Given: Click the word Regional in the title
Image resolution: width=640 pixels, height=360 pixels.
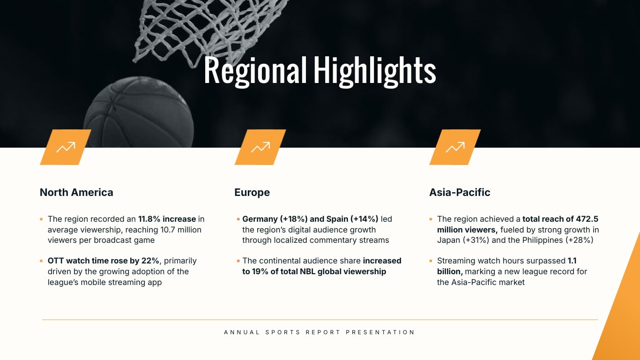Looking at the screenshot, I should pyautogui.click(x=255, y=71).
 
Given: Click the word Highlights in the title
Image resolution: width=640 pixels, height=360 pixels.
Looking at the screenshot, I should pyautogui.click(x=374, y=71).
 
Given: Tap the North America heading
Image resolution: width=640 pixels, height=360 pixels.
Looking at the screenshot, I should pyautogui.click(x=76, y=192).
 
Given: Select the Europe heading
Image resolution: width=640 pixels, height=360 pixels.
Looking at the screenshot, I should pyautogui.click(x=252, y=192).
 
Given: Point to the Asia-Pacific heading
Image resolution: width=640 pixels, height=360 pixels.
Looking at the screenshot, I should pyautogui.click(x=460, y=192).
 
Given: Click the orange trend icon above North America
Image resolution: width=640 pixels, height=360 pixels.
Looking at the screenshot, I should pyautogui.click(x=66, y=147).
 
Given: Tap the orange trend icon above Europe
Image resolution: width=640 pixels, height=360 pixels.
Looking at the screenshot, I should pyautogui.click(x=260, y=147).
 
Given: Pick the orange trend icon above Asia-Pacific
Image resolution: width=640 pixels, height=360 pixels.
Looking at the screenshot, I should pyautogui.click(x=455, y=147).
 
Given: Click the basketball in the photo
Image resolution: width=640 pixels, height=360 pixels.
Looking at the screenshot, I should pyautogui.click(x=138, y=115).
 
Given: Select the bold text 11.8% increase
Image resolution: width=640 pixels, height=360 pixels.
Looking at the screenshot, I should pyautogui.click(x=167, y=219).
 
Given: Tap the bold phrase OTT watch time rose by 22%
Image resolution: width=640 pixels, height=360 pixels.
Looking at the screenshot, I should pyautogui.click(x=104, y=261).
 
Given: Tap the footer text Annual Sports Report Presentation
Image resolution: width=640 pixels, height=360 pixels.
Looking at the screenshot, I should pyautogui.click(x=320, y=332).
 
